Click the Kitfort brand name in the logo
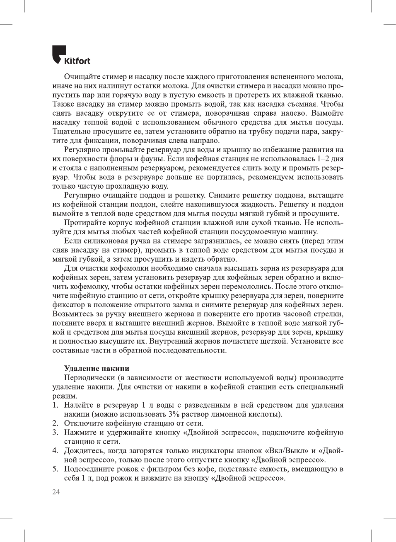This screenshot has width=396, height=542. point(77,61)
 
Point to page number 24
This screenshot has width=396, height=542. point(56,492)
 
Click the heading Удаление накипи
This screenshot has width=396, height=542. point(97,368)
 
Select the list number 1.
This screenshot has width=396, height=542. point(55,405)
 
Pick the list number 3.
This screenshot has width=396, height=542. point(55,432)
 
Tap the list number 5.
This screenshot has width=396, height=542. point(55,469)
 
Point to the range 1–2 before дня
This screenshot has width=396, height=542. point(324,158)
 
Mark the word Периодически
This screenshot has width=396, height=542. point(89,377)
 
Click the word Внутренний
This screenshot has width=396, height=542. point(171,341)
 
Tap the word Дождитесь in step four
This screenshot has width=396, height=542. point(84,450)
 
